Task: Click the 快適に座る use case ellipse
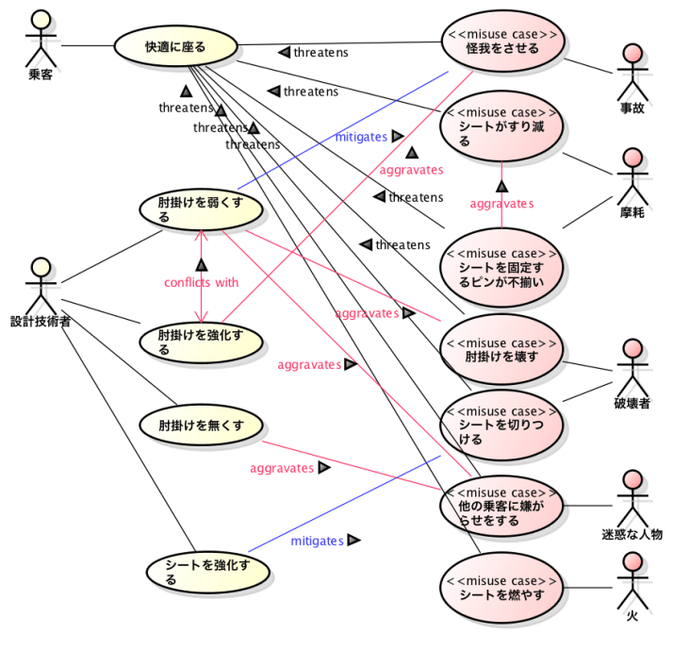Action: pos(175,45)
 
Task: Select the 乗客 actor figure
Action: pos(40,38)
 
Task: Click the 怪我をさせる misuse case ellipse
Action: pos(502,42)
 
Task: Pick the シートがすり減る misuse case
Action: pos(501,126)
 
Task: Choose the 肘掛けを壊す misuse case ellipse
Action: pos(501,350)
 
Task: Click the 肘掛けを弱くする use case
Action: pos(199,209)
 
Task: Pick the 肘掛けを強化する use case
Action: pos(199,342)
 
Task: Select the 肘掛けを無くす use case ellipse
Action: pos(201,425)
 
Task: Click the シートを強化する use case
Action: pos(208,572)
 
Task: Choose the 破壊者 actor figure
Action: pos(632,369)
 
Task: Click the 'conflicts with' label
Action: pos(202,282)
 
